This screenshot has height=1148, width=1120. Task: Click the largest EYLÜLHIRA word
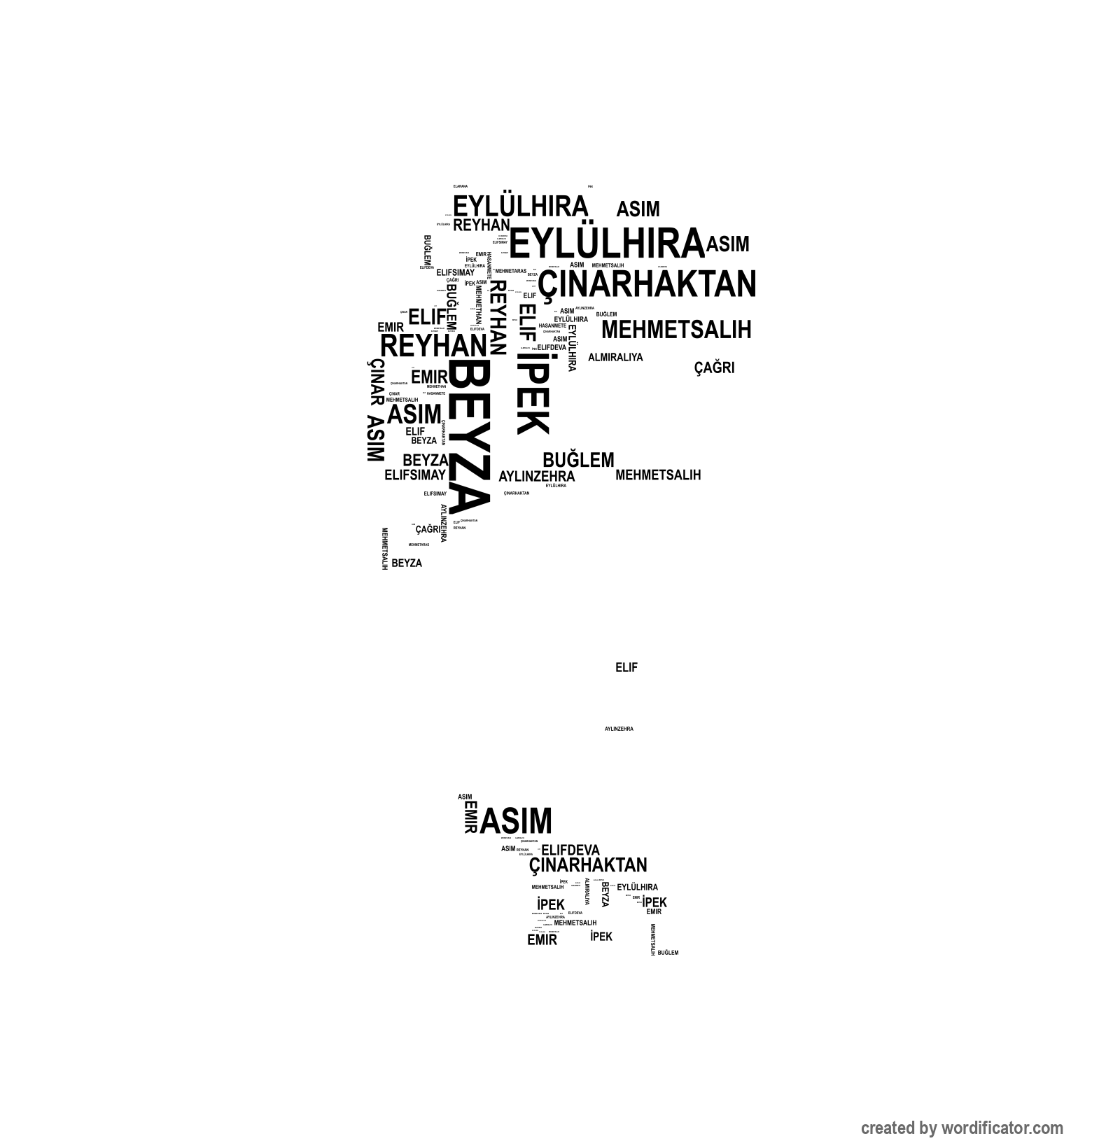click(606, 244)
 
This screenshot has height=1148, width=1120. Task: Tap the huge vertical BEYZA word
click(468, 437)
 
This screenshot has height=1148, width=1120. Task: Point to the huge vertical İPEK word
click(533, 393)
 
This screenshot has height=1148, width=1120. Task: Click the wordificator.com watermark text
click(962, 1128)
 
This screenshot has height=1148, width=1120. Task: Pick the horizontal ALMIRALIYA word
click(615, 357)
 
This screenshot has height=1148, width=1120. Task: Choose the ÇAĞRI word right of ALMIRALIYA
click(714, 367)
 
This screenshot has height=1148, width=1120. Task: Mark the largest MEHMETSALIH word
click(676, 329)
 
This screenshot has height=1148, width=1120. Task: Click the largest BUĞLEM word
click(578, 460)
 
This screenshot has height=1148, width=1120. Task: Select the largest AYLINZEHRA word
click(536, 477)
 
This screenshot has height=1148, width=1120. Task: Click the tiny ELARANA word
click(460, 186)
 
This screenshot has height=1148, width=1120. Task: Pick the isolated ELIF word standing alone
click(626, 668)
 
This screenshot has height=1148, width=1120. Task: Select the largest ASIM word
click(517, 820)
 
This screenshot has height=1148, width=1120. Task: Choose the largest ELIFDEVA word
click(570, 850)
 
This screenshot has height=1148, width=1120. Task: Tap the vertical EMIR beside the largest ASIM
click(470, 817)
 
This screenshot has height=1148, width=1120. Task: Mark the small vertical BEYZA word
click(605, 894)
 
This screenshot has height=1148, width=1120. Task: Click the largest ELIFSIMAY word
click(415, 475)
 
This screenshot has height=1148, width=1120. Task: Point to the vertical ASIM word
click(375, 439)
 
